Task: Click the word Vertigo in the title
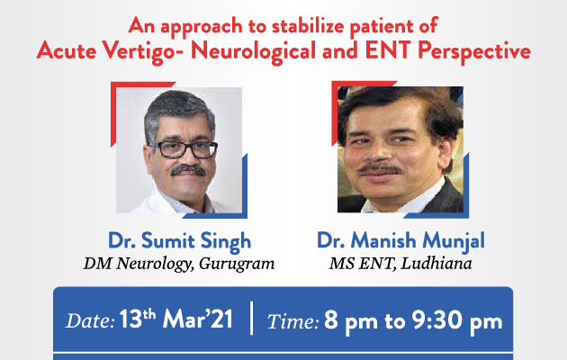tap(142, 51)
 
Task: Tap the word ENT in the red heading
tap(389, 49)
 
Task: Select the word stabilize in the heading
tap(308, 26)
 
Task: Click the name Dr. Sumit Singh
tap(179, 241)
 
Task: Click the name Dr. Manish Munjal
tap(400, 241)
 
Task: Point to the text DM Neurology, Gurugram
tap(179, 264)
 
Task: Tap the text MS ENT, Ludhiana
tap(400, 264)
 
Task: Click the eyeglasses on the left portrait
tap(184, 149)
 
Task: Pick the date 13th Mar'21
tap(176, 319)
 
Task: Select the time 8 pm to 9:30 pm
tap(413, 320)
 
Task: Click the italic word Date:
tap(90, 320)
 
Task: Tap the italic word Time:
tap(292, 321)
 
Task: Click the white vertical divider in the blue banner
tap(252, 318)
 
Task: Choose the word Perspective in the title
tap(474, 51)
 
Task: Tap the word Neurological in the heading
tap(254, 51)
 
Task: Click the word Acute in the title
tap(67, 49)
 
